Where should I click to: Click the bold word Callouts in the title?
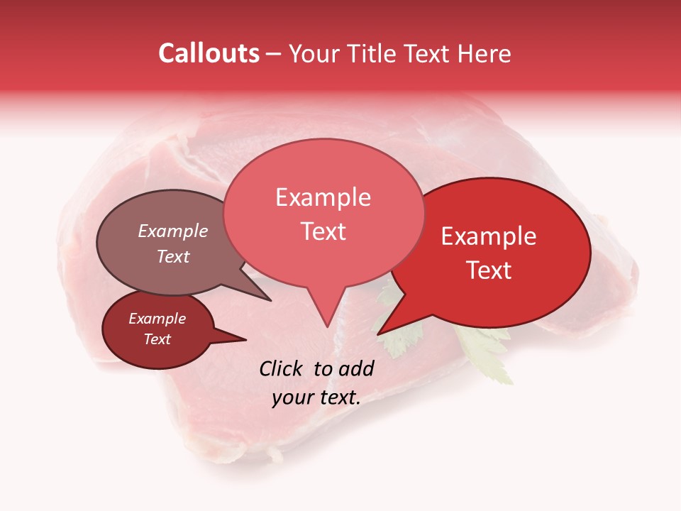click(x=209, y=53)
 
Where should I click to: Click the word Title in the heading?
click(x=376, y=53)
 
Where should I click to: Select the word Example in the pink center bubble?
click(x=323, y=197)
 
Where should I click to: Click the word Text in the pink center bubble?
click(x=323, y=231)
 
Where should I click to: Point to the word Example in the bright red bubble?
click(x=489, y=236)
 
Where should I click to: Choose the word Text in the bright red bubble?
click(x=489, y=270)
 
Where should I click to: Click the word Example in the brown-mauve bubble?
click(x=173, y=231)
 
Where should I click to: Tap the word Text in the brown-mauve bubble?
click(x=173, y=256)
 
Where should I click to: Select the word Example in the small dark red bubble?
click(x=157, y=319)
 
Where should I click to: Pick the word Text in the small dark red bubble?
click(x=157, y=339)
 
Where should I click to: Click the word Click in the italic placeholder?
click(x=281, y=368)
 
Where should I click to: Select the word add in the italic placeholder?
click(x=356, y=368)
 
